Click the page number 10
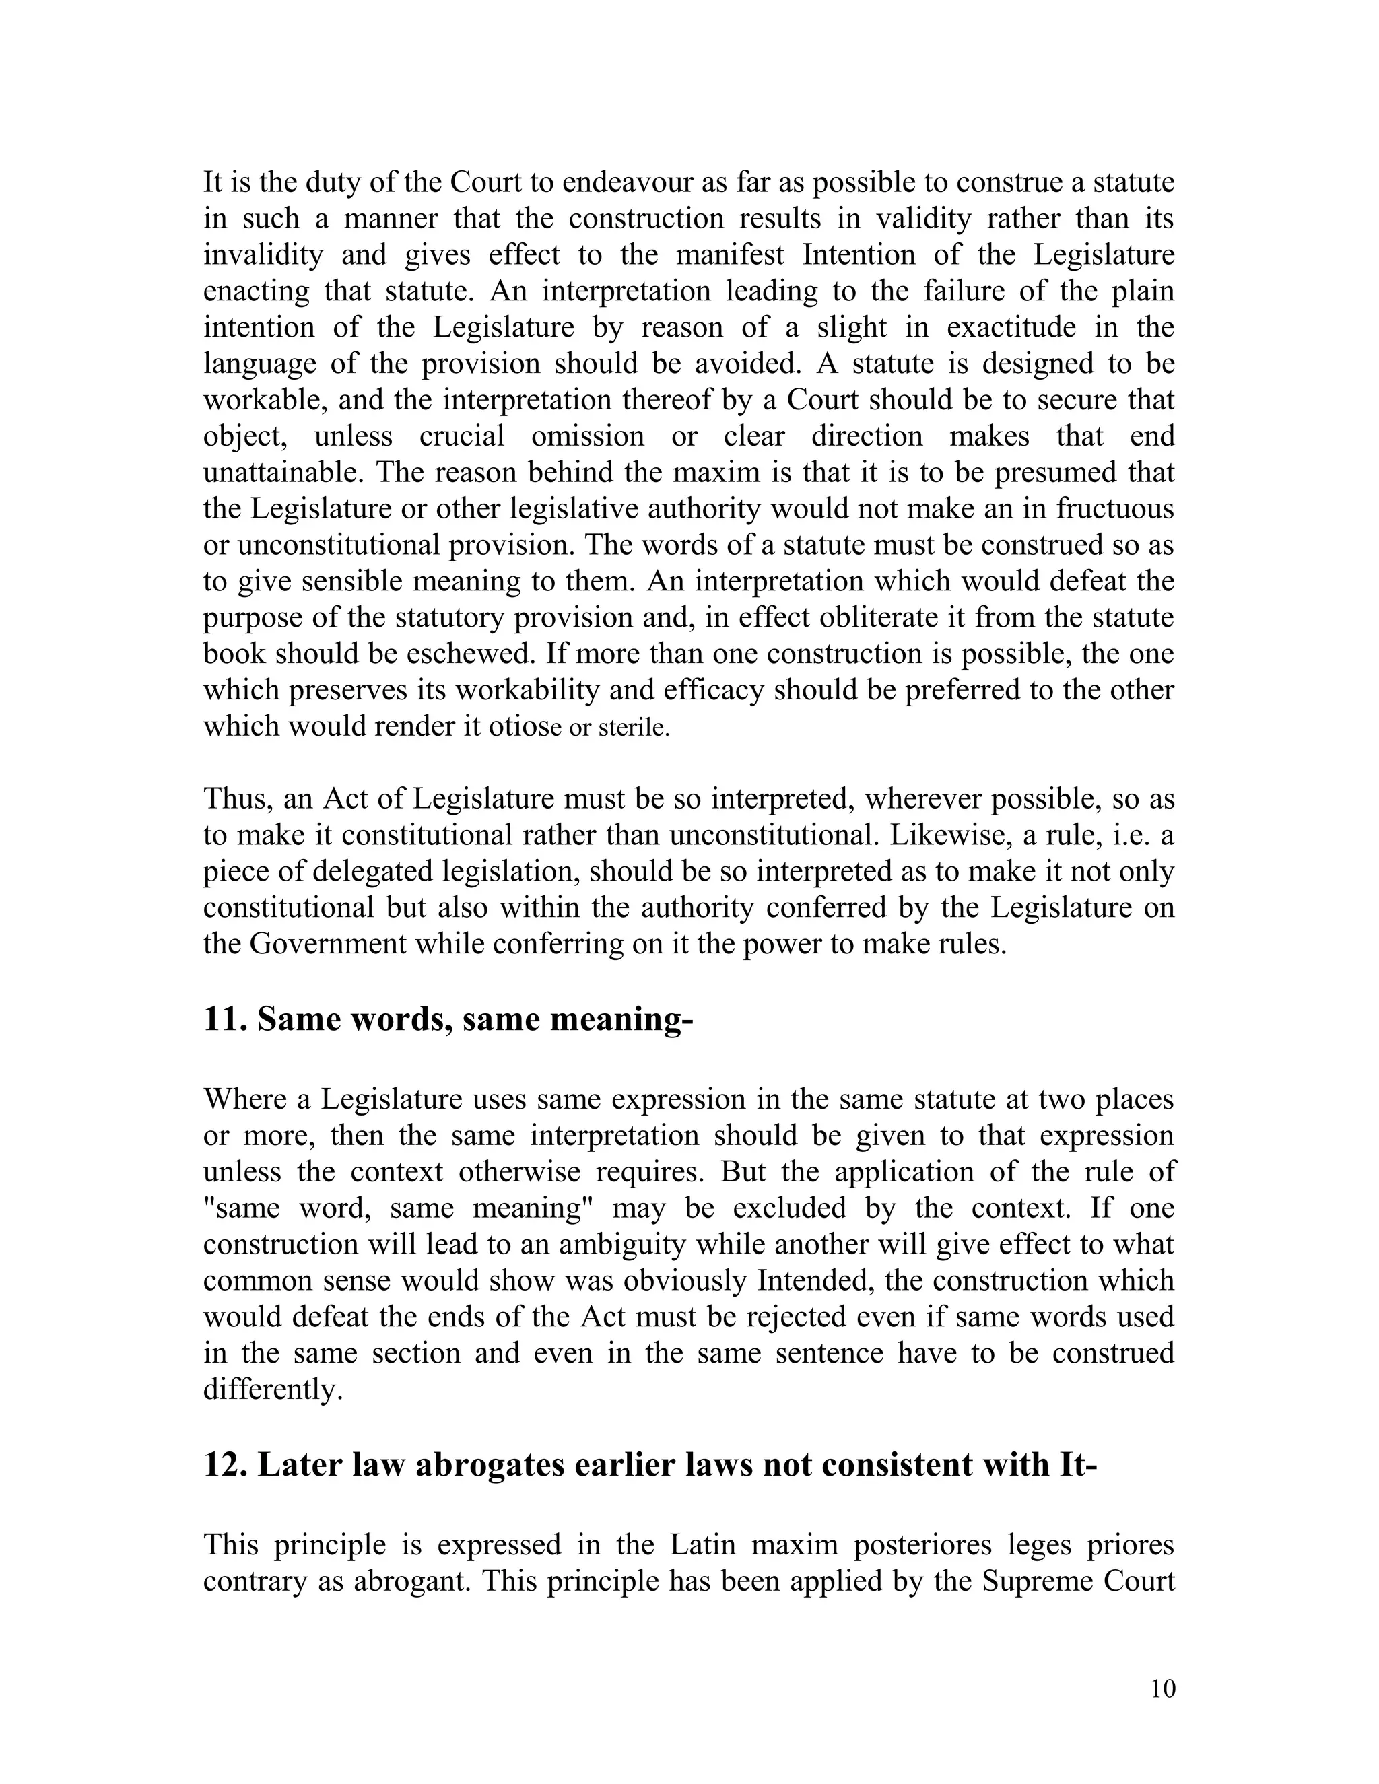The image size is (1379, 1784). click(1162, 1688)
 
